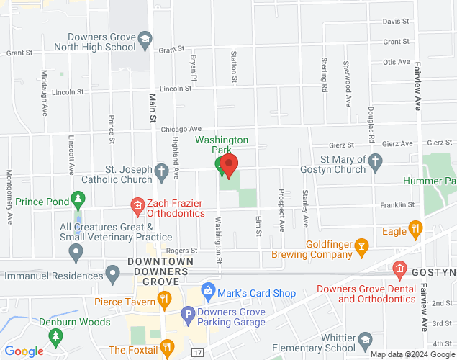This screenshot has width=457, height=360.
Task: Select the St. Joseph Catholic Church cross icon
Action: click(162, 171)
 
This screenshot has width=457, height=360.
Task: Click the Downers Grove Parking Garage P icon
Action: click(187, 314)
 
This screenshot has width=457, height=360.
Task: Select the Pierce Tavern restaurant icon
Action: click(165, 300)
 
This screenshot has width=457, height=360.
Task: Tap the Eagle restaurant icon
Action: click(415, 230)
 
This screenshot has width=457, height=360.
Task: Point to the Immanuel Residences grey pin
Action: click(112, 274)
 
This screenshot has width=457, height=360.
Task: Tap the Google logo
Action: click(24, 351)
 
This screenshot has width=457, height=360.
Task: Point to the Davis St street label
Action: click(396, 22)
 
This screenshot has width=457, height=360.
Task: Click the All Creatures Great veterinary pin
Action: click(76, 252)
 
